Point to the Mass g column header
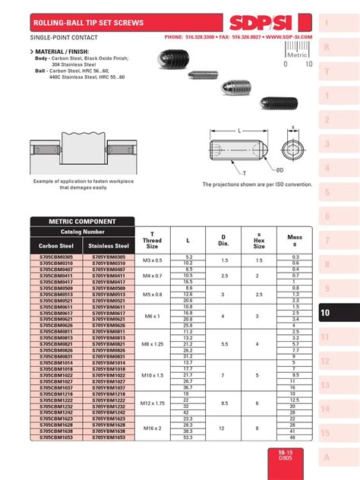click(x=294, y=241)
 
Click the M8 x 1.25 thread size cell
click(x=152, y=344)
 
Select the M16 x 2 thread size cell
click(x=152, y=428)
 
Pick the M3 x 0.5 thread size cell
click(x=152, y=261)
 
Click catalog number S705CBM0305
click(x=57, y=257)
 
